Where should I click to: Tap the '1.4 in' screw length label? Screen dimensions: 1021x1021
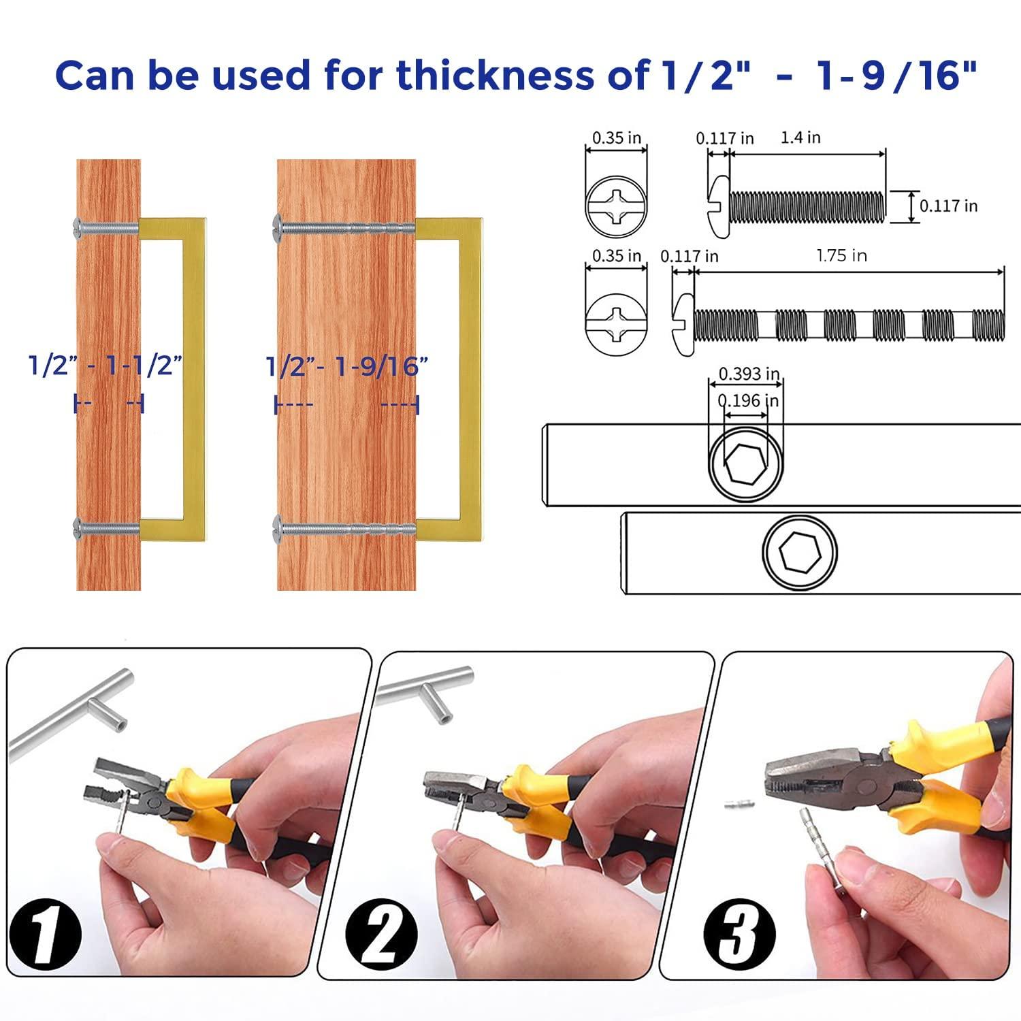pos(800,137)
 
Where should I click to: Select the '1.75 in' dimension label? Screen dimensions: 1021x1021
pos(841,256)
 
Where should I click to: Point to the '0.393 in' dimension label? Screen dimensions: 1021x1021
pos(749,374)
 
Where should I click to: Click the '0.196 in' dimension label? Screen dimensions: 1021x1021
pos(748,401)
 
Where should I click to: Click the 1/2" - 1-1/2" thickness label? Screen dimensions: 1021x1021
pos(106,366)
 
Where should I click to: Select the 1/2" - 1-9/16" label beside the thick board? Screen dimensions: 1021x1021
pos(346,367)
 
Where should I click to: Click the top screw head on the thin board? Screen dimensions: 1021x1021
pos(77,225)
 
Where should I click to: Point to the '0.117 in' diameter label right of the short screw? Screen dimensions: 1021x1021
pos(948,206)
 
